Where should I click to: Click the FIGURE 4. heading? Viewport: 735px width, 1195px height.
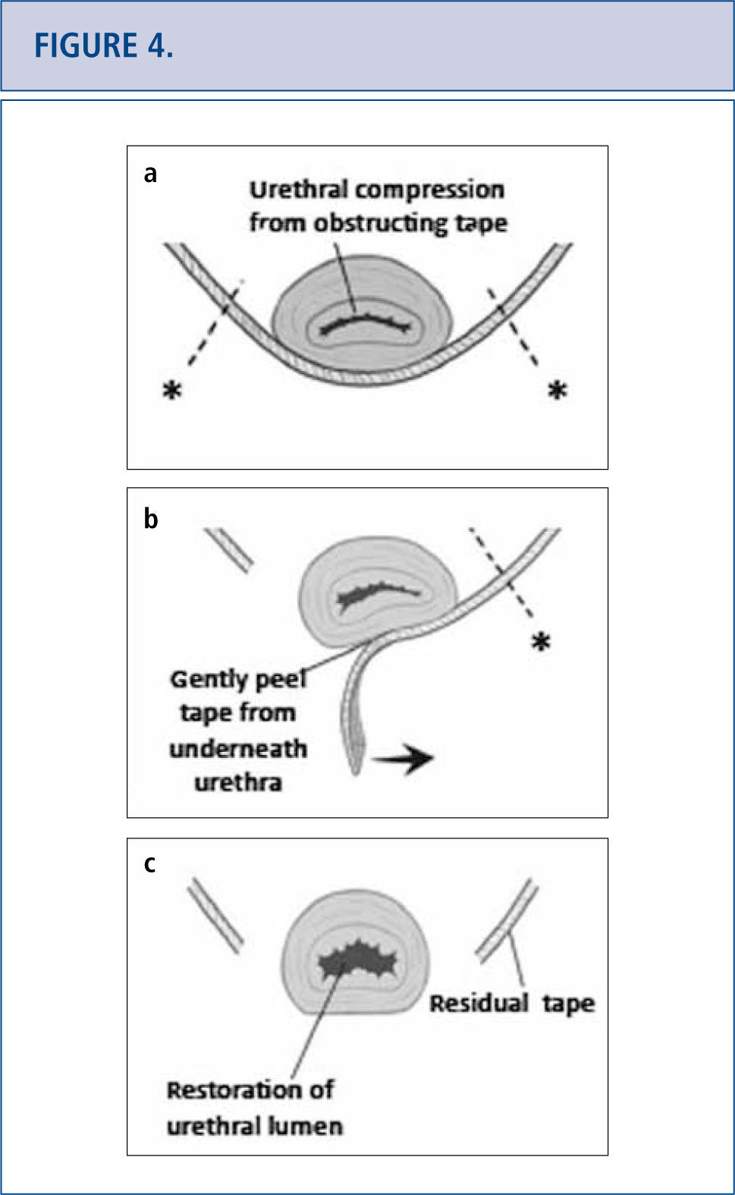(104, 46)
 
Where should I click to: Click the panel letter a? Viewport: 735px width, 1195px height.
(150, 174)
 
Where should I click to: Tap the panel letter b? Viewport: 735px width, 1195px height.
(150, 519)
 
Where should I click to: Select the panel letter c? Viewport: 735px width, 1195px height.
(149, 863)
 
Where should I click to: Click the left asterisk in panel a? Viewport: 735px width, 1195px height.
(173, 391)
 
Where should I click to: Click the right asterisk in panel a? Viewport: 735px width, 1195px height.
(558, 391)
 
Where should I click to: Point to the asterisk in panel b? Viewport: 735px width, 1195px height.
(540, 643)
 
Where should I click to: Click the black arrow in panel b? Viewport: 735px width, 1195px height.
(403, 758)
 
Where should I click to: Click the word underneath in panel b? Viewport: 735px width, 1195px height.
(238, 749)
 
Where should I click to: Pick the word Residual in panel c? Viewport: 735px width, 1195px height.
(479, 1004)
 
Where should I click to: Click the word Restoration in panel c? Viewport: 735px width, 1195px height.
(228, 1090)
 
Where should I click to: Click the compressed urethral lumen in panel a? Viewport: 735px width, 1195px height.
(364, 324)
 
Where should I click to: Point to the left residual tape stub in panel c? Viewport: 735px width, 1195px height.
(215, 915)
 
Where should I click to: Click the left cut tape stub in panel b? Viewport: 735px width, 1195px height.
(229, 550)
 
